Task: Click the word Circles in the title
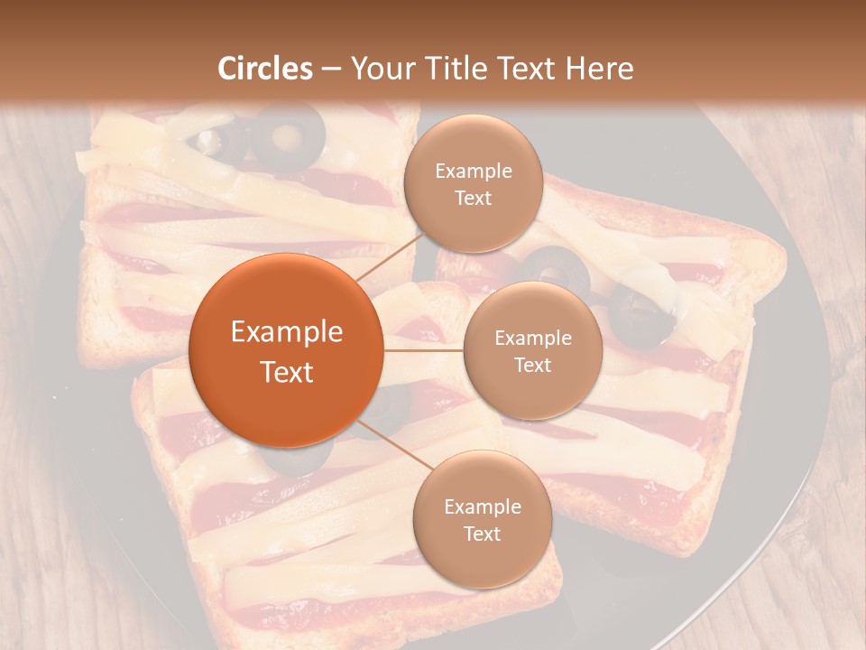coord(264,69)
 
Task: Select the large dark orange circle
coord(286,350)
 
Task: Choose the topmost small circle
coord(473,184)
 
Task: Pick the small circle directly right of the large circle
coord(532,350)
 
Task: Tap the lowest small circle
coord(482,520)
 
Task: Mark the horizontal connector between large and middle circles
coord(423,350)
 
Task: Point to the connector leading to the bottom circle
coord(392,442)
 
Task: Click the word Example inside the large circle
coord(287,332)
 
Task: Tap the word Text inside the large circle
coord(287,372)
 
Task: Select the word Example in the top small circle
coord(473,172)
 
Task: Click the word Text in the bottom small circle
coord(482,534)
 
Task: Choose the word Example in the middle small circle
coord(532,339)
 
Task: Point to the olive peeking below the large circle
coord(293,460)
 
